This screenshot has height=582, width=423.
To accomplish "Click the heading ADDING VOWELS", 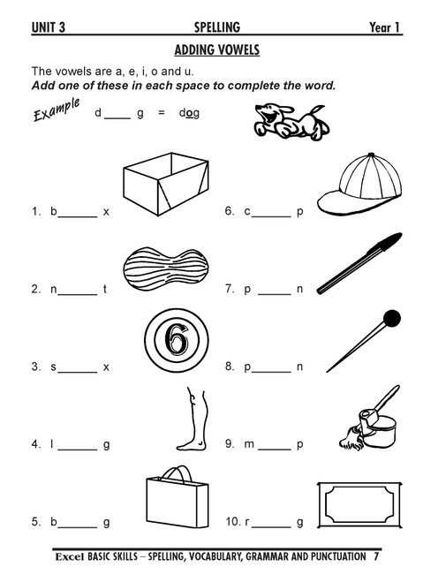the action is click(x=217, y=49).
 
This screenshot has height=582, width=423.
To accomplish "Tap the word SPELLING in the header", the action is click(x=217, y=27).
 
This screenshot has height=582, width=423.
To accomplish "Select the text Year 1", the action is click(x=384, y=27).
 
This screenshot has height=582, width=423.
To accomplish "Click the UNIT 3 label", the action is click(x=49, y=27).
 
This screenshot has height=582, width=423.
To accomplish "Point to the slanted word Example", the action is click(x=57, y=110).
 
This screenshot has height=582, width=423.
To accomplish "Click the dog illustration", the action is click(x=291, y=122).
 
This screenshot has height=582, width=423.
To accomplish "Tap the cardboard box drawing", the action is click(x=166, y=184).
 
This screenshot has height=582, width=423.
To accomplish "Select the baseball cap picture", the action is click(x=360, y=184).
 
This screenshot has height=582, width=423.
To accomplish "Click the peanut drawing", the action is click(x=165, y=268).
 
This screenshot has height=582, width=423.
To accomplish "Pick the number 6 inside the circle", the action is click(x=177, y=340).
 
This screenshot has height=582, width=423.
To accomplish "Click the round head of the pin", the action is click(x=392, y=319).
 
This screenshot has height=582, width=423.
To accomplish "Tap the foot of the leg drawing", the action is click(x=192, y=444).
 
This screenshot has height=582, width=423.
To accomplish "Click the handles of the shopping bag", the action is click(x=178, y=474).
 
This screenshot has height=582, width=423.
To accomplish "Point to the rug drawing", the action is click(x=359, y=505).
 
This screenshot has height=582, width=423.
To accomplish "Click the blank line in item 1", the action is click(x=78, y=216).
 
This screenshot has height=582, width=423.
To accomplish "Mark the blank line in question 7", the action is click(x=275, y=294).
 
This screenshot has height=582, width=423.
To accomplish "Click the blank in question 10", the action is click(x=271, y=526).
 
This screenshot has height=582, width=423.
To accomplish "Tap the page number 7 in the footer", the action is click(x=376, y=556).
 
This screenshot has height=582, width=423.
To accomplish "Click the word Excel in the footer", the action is click(x=70, y=556).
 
